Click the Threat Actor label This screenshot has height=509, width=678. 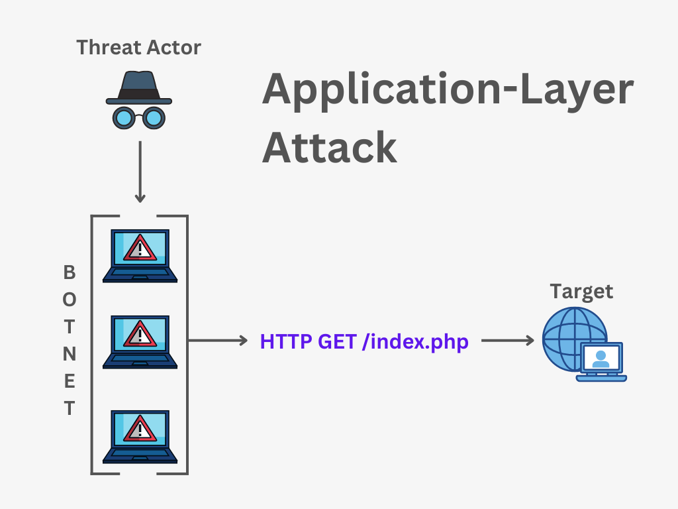(138, 48)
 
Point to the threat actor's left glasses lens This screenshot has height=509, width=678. (123, 118)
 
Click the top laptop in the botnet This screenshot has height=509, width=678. (140, 255)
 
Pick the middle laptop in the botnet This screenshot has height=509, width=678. (140, 341)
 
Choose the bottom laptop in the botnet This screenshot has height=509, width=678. (140, 436)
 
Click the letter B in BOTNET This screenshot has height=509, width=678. (69, 272)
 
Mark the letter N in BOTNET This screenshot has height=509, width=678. (69, 354)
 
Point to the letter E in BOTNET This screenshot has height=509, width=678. (69, 381)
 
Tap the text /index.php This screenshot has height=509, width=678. (415, 342)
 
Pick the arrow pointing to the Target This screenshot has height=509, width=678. (507, 341)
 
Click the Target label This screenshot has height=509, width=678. (581, 292)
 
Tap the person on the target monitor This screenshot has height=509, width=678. (601, 359)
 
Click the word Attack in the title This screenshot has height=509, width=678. (330, 147)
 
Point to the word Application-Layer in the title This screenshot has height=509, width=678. (448, 91)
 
